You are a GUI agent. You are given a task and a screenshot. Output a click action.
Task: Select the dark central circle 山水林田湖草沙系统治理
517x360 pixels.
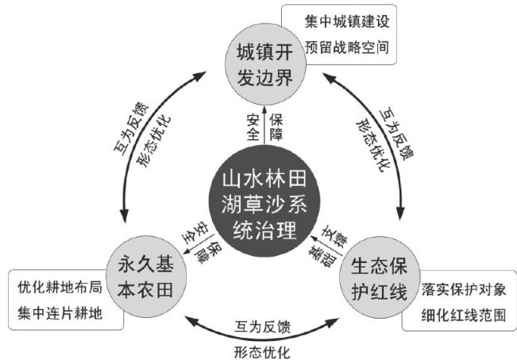(x=258, y=202)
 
